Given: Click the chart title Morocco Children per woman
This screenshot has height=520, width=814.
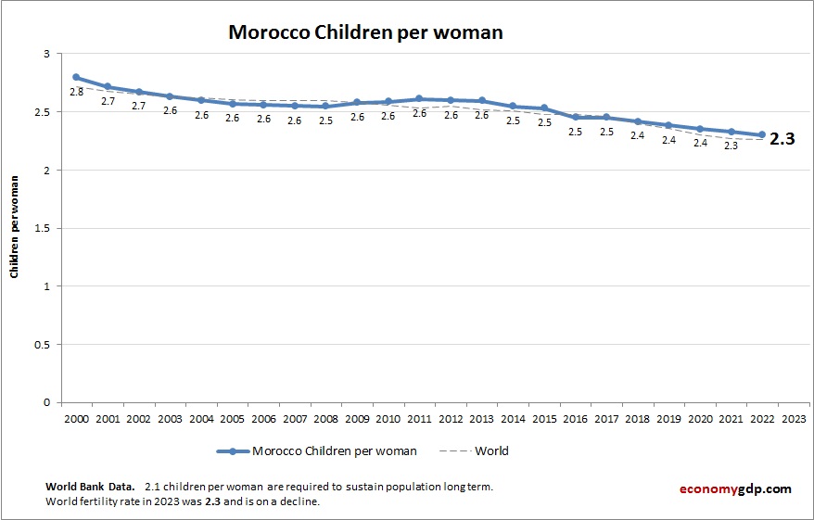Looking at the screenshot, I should [365, 32].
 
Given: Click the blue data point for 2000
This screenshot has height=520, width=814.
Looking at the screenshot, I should [76, 78].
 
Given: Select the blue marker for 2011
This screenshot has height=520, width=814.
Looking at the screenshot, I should [419, 98].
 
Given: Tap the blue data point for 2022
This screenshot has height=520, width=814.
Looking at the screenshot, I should [762, 134].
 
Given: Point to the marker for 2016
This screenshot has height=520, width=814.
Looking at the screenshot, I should [575, 117].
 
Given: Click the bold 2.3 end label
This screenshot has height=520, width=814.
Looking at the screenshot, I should [783, 140].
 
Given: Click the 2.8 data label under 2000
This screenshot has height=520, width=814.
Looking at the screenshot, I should [76, 92].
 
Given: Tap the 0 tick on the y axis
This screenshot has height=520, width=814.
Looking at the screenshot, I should [46, 402].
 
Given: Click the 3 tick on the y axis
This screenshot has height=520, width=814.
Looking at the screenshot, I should [46, 54].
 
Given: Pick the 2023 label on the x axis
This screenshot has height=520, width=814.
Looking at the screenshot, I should [794, 419].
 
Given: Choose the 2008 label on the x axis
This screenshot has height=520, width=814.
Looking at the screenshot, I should [325, 419].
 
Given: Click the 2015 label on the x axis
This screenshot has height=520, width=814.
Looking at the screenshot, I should [544, 419].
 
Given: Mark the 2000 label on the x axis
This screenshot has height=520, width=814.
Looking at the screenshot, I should [76, 419].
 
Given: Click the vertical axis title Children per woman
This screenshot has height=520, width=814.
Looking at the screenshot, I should [15, 228].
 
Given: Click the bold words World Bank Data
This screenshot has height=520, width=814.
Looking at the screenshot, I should [90, 486].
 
